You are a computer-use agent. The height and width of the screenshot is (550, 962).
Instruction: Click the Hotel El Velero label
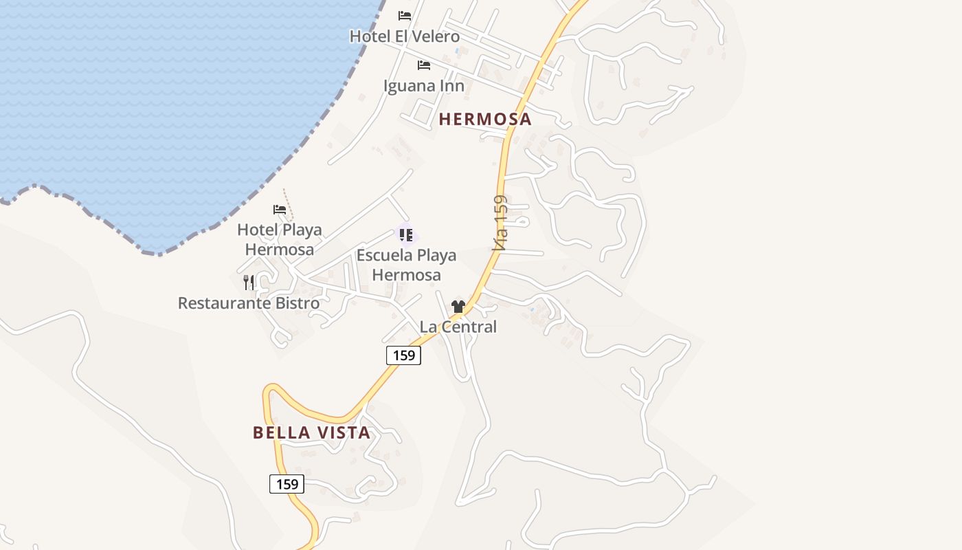[404, 36]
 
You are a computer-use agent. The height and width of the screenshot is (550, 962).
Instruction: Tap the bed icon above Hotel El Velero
[405, 15]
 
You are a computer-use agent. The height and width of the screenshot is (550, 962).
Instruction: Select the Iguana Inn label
[423, 86]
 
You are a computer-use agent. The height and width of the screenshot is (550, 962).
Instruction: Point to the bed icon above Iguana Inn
[424, 65]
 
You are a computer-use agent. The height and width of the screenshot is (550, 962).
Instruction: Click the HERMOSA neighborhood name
[485, 119]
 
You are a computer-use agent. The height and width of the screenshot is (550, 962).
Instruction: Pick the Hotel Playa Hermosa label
[280, 239]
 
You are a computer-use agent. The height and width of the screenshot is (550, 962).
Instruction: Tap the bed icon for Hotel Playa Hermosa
[280, 209]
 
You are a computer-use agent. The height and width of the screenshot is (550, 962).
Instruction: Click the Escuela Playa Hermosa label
[406, 265]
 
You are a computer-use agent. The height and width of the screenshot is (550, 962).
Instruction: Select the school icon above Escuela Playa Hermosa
[406, 235]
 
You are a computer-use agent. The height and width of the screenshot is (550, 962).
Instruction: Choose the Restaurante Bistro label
[249, 303]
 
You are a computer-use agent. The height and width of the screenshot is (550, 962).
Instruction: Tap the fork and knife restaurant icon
[249, 282]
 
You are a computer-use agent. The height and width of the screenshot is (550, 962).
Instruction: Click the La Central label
[458, 327]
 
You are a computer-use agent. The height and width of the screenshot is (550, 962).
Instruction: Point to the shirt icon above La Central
[458, 306]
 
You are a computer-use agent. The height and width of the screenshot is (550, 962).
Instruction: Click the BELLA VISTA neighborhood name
[312, 432]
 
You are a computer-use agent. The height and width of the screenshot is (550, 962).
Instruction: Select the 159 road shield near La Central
[403, 355]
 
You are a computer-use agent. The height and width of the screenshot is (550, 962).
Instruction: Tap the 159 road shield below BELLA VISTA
[287, 484]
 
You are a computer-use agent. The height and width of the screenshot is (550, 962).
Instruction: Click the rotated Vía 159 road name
[501, 223]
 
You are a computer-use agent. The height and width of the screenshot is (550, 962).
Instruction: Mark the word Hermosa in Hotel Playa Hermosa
[280, 250]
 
